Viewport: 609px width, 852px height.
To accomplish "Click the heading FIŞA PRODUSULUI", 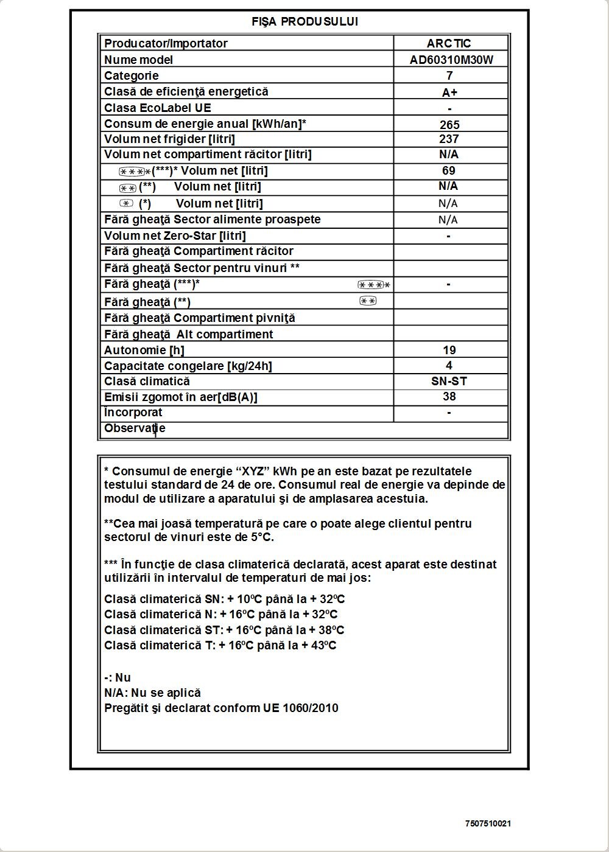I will [304, 22].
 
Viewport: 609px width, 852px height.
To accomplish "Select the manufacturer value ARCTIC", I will [449, 43].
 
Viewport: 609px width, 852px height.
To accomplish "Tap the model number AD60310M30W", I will [451, 60].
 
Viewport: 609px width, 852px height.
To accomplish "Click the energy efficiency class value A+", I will [449, 93].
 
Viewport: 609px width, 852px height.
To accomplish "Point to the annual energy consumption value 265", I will [449, 125].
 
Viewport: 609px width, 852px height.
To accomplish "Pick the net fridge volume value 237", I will [449, 139].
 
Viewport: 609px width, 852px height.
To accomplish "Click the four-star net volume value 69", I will [449, 171].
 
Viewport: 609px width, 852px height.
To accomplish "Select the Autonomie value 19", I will [449, 350].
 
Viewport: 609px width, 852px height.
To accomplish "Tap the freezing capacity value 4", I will [449, 365].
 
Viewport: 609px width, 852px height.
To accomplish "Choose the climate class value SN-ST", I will [449, 382].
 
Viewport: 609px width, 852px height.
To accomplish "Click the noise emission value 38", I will [449, 397].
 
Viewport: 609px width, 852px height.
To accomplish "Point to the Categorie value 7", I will [449, 75].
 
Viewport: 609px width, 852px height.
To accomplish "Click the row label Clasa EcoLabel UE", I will [158, 108].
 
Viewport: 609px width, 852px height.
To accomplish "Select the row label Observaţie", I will [135, 428].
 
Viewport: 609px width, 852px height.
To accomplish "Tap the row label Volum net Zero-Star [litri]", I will [175, 236].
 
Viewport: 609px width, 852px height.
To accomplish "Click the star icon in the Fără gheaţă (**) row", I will [368, 301].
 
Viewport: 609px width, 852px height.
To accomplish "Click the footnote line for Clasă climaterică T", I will [220, 646].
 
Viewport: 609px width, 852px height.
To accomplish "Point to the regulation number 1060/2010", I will [310, 708].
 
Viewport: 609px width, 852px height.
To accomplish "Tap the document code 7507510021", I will [488, 823].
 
